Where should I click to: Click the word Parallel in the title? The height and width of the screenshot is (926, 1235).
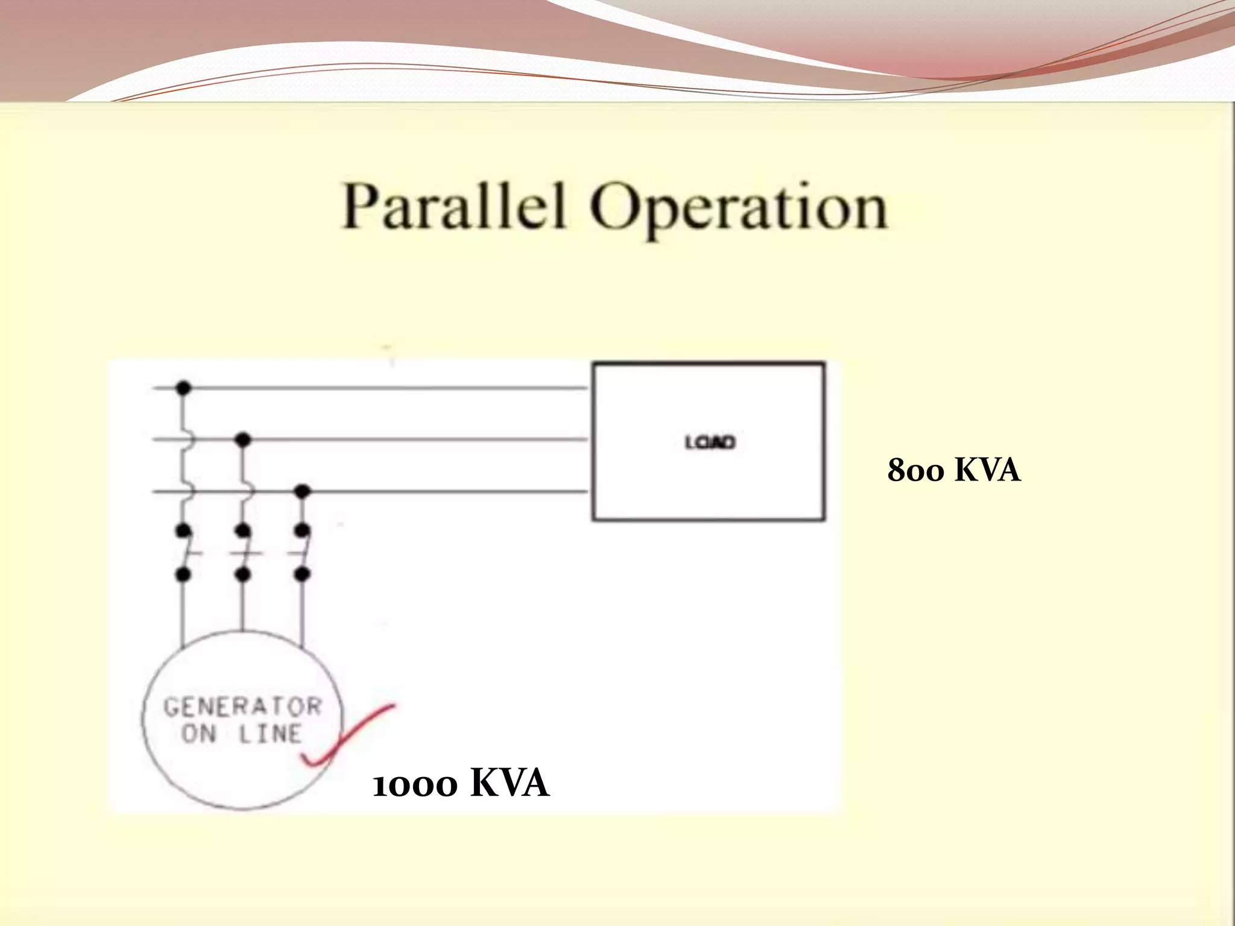pos(453,206)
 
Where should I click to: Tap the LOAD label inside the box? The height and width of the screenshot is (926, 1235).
pos(710,443)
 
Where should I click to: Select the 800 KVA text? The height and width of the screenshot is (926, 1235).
pos(953,471)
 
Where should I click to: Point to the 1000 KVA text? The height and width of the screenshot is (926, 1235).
pos(461,784)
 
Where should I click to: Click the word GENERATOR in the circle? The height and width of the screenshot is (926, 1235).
pos(242,707)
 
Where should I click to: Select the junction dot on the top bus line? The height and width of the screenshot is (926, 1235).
pos(183,388)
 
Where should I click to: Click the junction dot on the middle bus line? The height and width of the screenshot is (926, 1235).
pos(242,439)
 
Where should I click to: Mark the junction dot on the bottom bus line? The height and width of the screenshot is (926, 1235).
pos(302,491)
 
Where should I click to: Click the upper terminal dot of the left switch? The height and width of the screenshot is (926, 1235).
pos(183,531)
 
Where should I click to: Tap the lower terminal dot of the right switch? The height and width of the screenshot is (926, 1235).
pos(302,575)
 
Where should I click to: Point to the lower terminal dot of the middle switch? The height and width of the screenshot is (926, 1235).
pos(242,575)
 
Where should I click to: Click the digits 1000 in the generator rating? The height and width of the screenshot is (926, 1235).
pos(415,786)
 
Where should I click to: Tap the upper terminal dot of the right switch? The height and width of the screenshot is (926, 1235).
pos(302,531)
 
